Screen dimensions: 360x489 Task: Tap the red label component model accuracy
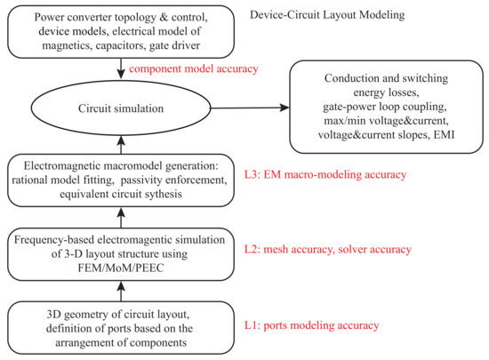[194, 68]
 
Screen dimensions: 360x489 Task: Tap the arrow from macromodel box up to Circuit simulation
[122, 145]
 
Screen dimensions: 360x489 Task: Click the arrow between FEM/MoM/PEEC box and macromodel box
[122, 219]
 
